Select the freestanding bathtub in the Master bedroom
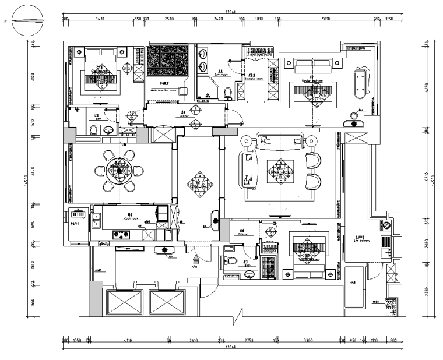(361, 82)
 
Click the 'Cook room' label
(130, 218)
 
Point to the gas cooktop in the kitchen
(121, 235)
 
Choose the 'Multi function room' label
(163, 90)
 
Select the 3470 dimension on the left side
(34, 172)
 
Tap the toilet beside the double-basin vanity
(228, 92)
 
